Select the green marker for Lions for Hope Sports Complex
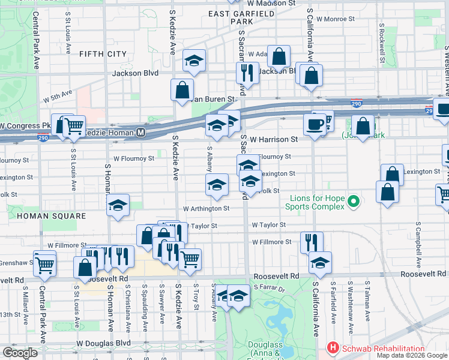tap(354, 202)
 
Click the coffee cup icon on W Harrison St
tap(315, 125)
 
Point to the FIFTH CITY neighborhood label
tap(103, 54)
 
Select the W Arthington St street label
tap(206, 208)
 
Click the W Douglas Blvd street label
tap(103, 344)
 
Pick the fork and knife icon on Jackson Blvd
tap(247, 73)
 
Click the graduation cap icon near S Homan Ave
tap(118, 206)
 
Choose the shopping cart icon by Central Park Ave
tap(45, 263)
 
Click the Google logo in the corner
tap(20, 353)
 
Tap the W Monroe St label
tap(336, 19)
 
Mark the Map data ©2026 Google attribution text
tap(411, 355)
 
